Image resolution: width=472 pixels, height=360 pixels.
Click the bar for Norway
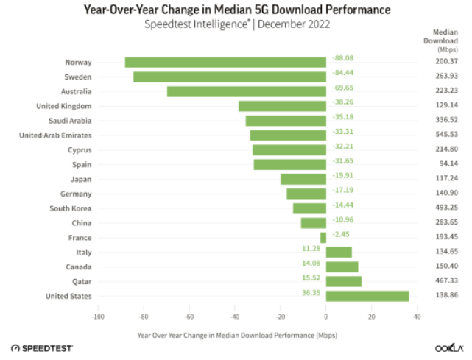coord(225,63)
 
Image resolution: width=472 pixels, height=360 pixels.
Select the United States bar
coord(367,296)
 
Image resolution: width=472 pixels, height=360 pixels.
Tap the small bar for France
coord(323,238)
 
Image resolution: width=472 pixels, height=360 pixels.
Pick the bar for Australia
coord(246,91)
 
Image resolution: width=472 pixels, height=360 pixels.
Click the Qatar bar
coord(343,281)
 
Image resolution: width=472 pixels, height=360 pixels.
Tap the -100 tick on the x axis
coord(96,317)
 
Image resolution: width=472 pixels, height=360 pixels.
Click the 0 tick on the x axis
coord(325,317)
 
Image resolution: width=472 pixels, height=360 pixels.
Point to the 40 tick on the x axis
coord(417,317)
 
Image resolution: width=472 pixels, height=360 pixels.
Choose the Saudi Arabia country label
coord(70,121)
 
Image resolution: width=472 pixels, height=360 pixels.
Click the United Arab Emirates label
coord(55,135)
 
